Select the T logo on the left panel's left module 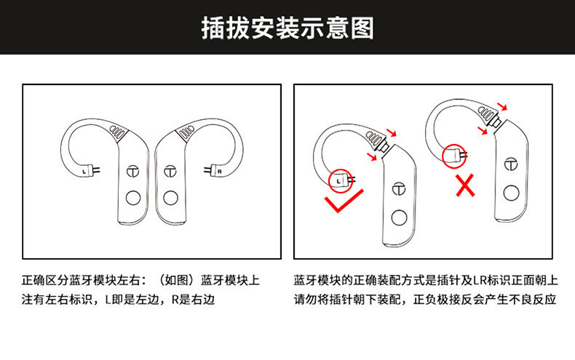pyautogui.click(x=132, y=171)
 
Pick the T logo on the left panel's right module pyautogui.click(x=171, y=171)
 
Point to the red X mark pyautogui.click(x=465, y=186)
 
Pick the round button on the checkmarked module pyautogui.click(x=399, y=217)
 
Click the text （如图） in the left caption pyautogui.click(x=177, y=280)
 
